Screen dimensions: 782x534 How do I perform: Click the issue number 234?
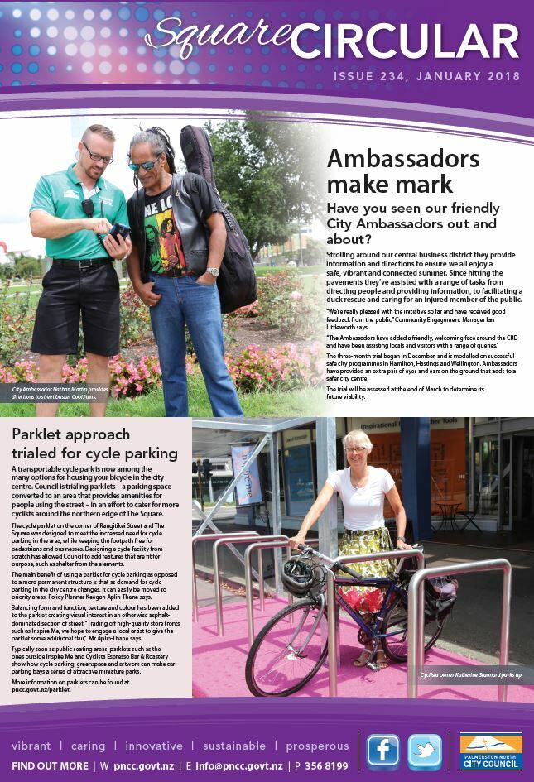[392, 77]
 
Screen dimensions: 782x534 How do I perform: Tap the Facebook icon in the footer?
[382, 751]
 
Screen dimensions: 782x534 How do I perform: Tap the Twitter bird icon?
[425, 751]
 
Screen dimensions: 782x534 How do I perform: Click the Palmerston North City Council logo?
[491, 751]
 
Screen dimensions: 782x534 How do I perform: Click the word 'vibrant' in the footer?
[31, 746]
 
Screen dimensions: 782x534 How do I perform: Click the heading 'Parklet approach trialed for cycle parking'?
[94, 444]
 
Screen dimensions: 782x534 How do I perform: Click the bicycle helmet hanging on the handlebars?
[297, 577]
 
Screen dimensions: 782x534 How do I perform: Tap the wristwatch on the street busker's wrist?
[213, 271]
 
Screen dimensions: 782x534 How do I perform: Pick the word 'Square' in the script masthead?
[210, 37]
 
